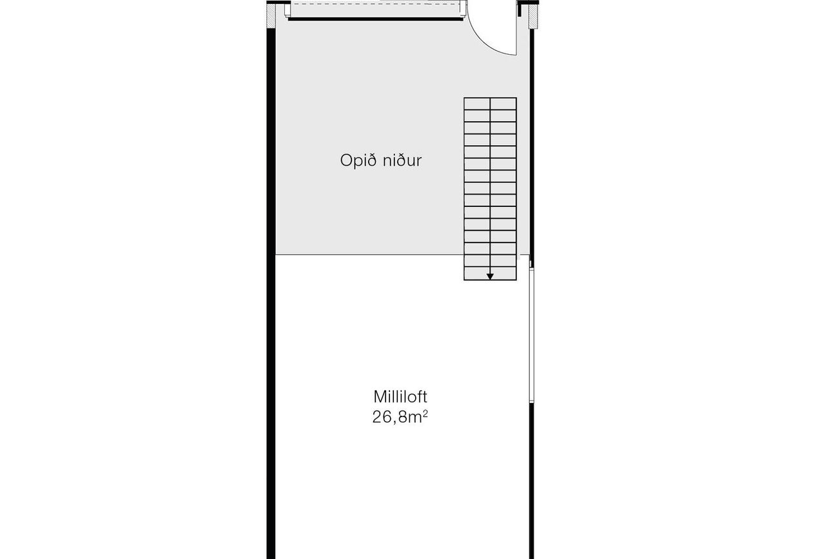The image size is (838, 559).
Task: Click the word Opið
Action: click(x=358, y=161)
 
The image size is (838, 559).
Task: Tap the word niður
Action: click(x=402, y=160)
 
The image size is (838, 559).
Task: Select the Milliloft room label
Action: click(x=400, y=397)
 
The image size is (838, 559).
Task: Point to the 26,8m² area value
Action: click(x=400, y=417)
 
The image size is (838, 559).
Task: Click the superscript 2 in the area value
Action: click(x=425, y=413)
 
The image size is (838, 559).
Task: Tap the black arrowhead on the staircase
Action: click(x=490, y=277)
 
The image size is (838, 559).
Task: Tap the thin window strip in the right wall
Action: click(x=532, y=335)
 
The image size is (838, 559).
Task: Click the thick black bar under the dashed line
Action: click(x=376, y=19)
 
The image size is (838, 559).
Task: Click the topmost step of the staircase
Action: click(x=490, y=104)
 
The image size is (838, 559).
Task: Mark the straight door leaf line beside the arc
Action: click(x=516, y=30)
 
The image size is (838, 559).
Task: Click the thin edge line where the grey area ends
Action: click(x=369, y=255)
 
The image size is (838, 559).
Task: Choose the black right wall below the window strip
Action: click(x=532, y=481)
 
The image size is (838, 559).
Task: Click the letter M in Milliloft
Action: click(x=379, y=397)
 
